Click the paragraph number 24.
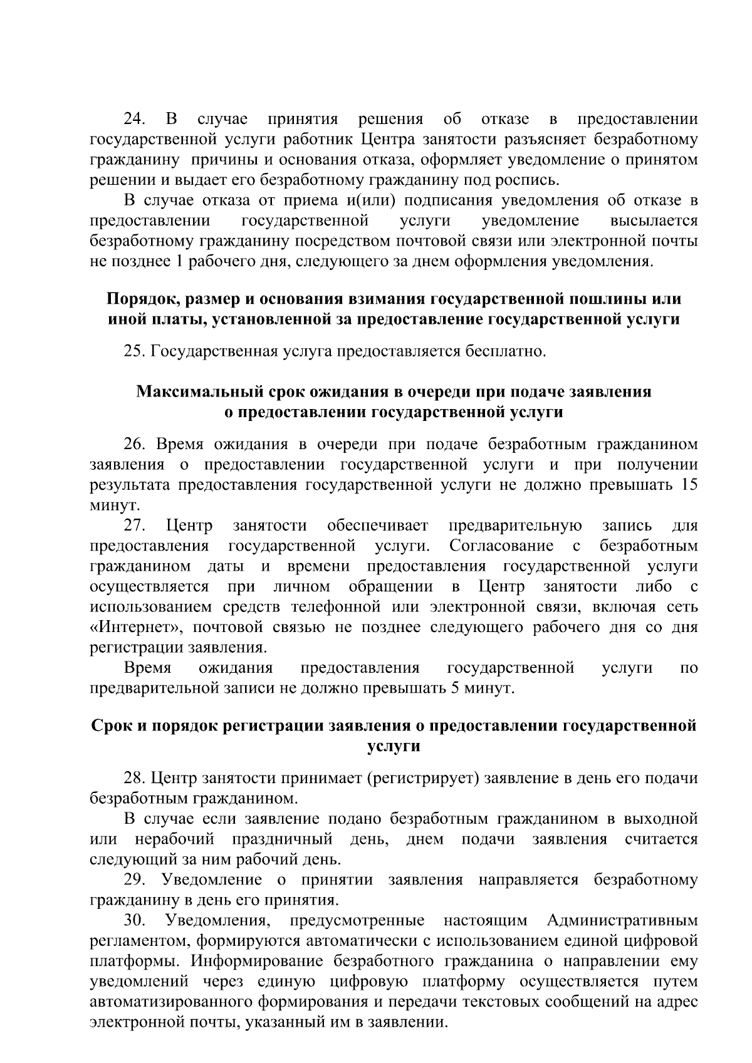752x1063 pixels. point(134,120)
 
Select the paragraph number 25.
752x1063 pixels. point(135,351)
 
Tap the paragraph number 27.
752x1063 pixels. point(134,525)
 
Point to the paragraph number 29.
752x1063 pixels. point(135,880)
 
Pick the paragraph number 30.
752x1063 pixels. point(135,921)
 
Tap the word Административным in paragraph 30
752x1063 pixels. point(622,921)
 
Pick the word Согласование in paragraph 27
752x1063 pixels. point(501,546)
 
